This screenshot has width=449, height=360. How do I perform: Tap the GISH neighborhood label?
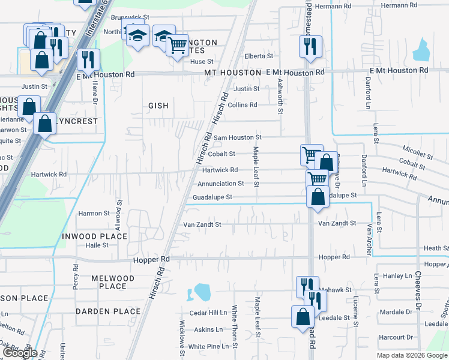[x=158, y=106]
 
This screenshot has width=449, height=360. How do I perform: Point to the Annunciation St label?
[x=221, y=184]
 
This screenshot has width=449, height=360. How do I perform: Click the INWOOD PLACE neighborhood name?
[x=94, y=236]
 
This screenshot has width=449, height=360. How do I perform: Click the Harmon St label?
[x=94, y=213]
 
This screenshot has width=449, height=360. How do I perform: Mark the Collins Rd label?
[x=243, y=105]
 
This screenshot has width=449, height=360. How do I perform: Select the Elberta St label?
[x=258, y=56]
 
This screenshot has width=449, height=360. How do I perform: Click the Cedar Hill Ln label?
[x=208, y=313]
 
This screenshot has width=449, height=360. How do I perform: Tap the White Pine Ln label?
[x=209, y=346]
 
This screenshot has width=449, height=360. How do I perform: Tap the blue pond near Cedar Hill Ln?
[x=200, y=293]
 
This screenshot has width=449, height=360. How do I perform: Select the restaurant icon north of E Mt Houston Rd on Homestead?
[x=310, y=46]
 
